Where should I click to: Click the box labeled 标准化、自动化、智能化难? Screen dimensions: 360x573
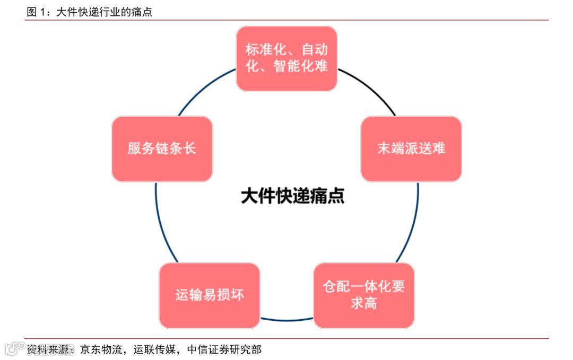286,58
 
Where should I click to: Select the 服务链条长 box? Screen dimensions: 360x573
162,148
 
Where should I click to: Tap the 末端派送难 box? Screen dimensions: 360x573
411,148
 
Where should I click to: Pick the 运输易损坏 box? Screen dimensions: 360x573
210,295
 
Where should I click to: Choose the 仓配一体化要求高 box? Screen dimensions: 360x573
363,295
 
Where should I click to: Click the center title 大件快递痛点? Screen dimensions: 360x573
292,196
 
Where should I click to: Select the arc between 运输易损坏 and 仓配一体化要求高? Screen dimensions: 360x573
286,320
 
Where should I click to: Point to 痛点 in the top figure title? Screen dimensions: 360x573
142,12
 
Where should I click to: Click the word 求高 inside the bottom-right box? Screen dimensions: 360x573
363,303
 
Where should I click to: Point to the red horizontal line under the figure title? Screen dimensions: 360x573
286,20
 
